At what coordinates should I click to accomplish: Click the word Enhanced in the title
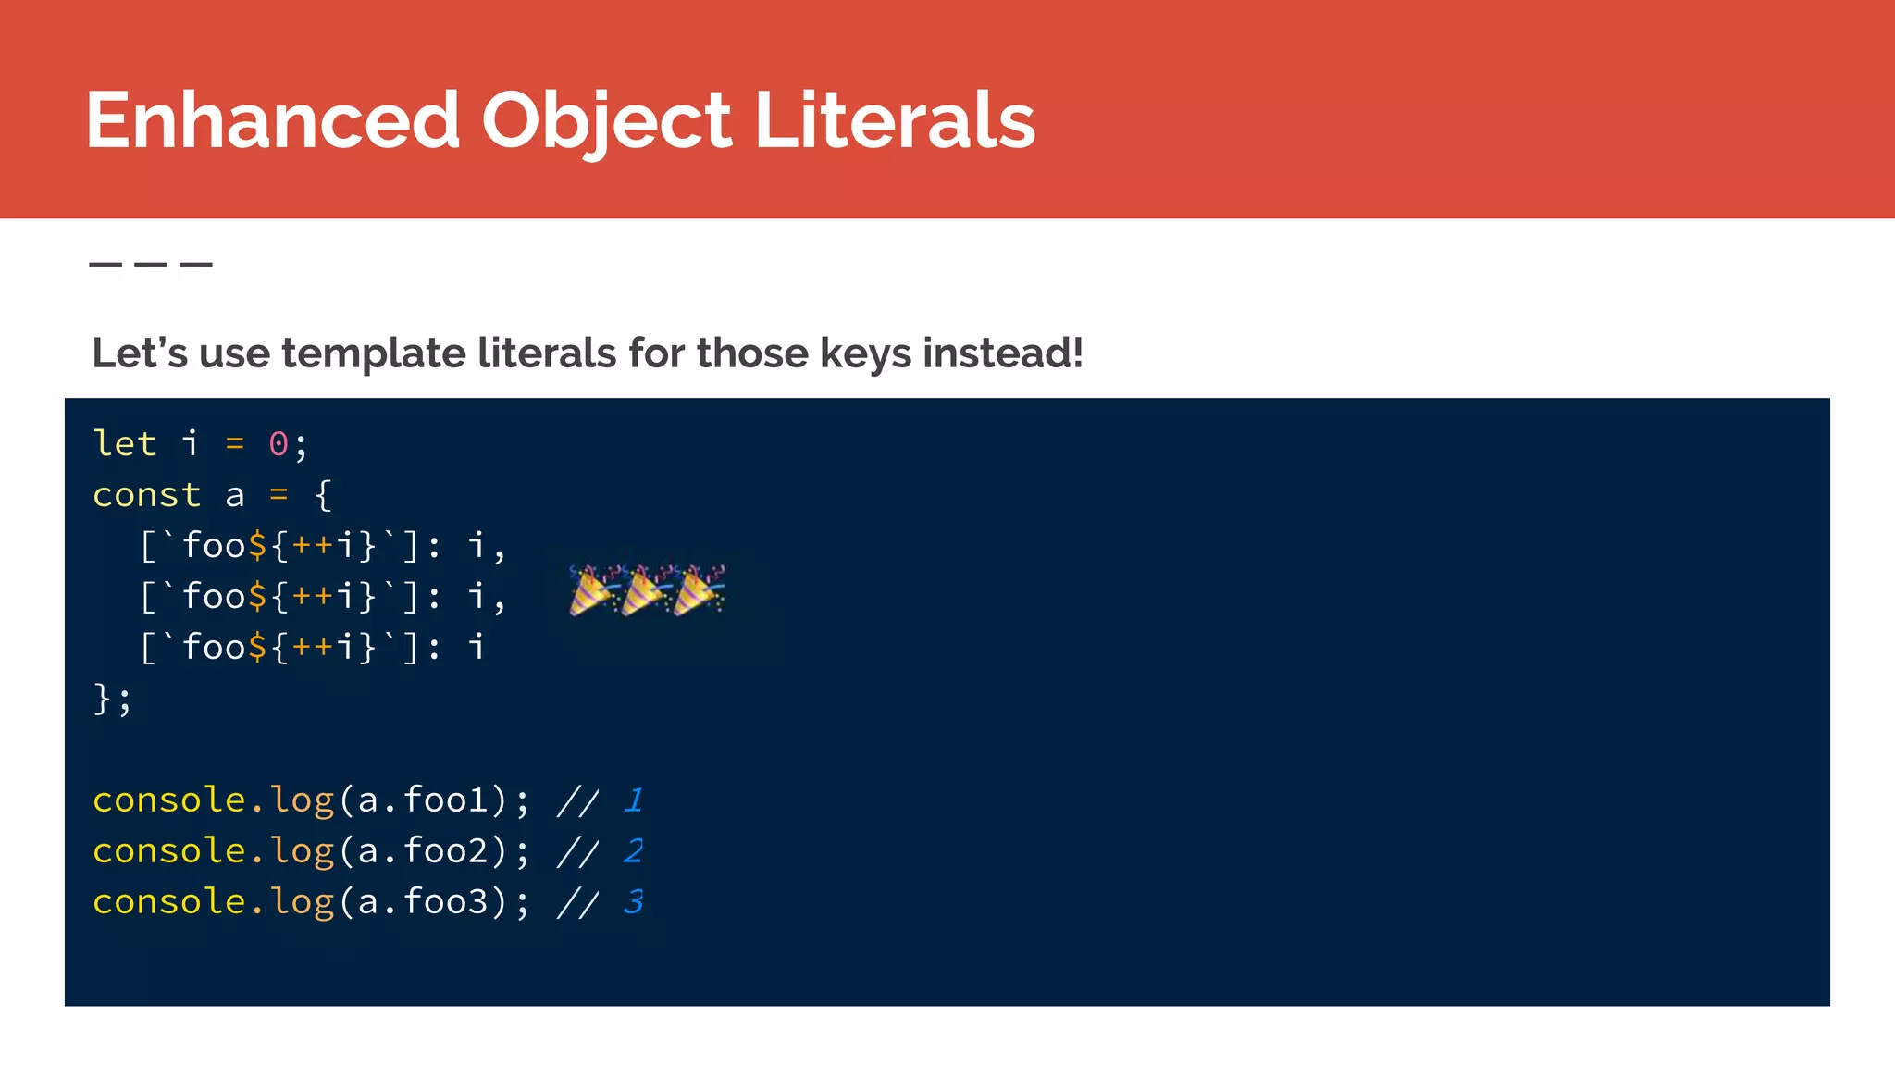pyautogui.click(x=272, y=120)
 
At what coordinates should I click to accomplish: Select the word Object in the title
pyautogui.click(x=606, y=122)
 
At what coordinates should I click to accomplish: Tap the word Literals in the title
pyautogui.click(x=894, y=120)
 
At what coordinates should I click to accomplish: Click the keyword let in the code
pyautogui.click(x=125, y=444)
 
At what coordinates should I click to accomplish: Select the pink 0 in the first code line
pyautogui.click(x=278, y=445)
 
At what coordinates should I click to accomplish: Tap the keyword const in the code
pyautogui.click(x=146, y=495)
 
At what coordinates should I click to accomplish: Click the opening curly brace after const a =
pyautogui.click(x=323, y=495)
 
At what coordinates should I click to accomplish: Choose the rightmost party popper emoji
pyautogui.click(x=700, y=590)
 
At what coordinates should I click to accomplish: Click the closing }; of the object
pyautogui.click(x=112, y=699)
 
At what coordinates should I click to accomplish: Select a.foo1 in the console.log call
pyautogui.click(x=424, y=800)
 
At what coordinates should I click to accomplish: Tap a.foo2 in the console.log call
pyautogui.click(x=424, y=851)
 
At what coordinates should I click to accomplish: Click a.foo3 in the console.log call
pyautogui.click(x=424, y=902)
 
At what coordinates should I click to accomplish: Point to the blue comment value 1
pyautogui.click(x=634, y=800)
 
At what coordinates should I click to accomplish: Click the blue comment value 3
pyautogui.click(x=634, y=902)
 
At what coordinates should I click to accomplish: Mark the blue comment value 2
pyautogui.click(x=634, y=851)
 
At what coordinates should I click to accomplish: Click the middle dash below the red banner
pyautogui.click(x=151, y=265)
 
